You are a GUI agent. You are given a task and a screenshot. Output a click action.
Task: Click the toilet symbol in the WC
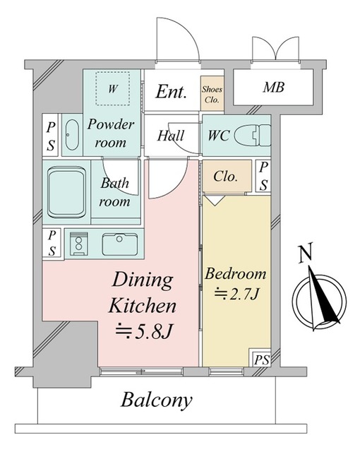pos(252,135)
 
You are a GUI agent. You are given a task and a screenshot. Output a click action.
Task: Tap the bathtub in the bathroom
pos(66,192)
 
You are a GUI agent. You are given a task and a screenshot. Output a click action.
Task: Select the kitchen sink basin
pos(120,244)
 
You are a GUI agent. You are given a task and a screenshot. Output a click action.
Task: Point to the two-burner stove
pos(78,244)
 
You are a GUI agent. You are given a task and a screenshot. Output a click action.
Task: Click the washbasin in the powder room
pos(72,135)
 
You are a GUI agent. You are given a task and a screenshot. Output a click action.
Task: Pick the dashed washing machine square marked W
pos(112,89)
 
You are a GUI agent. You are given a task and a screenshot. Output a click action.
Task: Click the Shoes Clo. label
pos(212,94)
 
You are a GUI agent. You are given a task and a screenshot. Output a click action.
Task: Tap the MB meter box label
pos(273,87)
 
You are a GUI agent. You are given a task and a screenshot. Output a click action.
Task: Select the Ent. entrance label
pos(171,92)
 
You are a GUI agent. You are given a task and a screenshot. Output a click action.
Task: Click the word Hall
pos(171,136)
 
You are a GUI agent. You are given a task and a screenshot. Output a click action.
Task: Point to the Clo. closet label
pos(225,176)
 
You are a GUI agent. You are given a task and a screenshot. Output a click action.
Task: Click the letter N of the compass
pos(306,253)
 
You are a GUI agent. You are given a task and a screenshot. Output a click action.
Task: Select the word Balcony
pos(157,400)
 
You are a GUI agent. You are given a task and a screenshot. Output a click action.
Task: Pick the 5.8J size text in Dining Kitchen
pos(144,331)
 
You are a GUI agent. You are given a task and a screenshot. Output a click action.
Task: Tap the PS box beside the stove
pos(52,242)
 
